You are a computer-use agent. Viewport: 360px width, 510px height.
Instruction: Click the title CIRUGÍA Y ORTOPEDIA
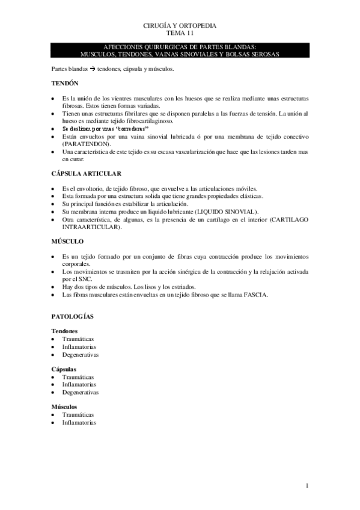coord(180,26)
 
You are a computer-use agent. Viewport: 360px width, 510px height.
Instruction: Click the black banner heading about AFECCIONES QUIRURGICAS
coord(180,50)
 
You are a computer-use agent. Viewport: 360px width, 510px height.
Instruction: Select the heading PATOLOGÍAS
coord(72,316)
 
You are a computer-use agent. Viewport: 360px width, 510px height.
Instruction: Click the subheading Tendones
coord(65,331)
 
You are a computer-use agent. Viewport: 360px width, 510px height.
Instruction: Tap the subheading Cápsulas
coord(64,369)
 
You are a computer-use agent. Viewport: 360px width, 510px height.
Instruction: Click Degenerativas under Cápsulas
coord(80,392)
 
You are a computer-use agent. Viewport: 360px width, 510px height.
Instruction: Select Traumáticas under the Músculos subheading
coord(78,415)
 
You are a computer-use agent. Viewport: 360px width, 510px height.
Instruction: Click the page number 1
coord(307,485)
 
